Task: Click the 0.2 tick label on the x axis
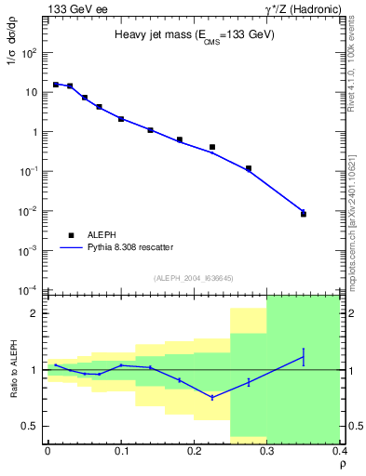point(194,449)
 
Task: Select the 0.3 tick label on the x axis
point(267,449)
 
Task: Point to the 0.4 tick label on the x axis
point(339,449)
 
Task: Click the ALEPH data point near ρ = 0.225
point(212,147)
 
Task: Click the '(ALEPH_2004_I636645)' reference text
point(195,278)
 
